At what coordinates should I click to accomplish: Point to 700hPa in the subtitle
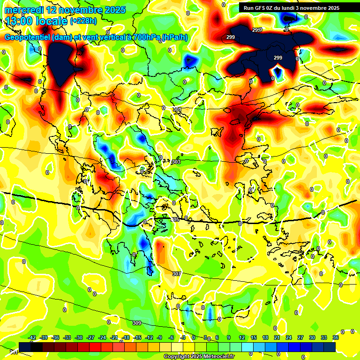[143, 37]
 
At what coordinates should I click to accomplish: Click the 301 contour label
[177, 109]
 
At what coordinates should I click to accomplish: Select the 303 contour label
[176, 162]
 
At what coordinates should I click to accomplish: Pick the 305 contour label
[175, 219]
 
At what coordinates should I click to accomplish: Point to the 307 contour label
[176, 274]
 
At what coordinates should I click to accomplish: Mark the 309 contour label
[136, 323]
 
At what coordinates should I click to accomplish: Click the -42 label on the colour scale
[32, 337]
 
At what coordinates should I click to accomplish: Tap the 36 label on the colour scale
[336, 337]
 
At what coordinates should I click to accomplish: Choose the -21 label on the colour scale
[114, 337]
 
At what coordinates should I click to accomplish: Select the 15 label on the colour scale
[253, 337]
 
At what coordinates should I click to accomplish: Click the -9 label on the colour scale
[160, 337]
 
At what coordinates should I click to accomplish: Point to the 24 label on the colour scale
[288, 337]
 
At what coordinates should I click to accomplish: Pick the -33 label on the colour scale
[67, 337]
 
